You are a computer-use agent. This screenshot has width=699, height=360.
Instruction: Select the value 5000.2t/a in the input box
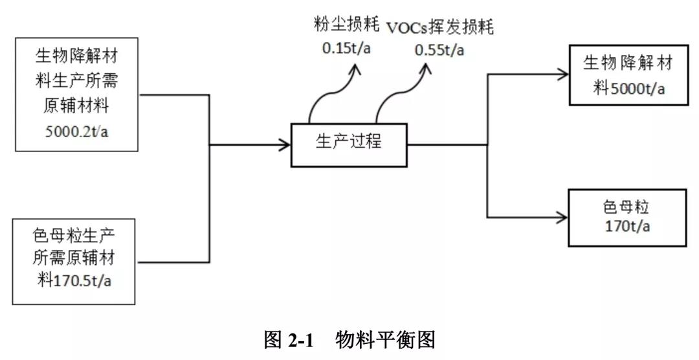click(76, 132)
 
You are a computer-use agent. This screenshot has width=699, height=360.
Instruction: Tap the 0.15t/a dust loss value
click(346, 49)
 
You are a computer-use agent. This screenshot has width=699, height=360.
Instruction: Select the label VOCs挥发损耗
click(440, 28)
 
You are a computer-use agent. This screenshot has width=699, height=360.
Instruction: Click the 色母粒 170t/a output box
click(627, 218)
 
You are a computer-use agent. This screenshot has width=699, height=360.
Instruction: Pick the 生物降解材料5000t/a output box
click(627, 74)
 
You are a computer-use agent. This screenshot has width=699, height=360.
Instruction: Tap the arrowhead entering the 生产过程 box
click(285, 144)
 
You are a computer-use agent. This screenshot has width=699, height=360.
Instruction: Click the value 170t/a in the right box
click(627, 227)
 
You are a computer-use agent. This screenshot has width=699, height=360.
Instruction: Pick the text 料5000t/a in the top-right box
click(629, 86)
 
